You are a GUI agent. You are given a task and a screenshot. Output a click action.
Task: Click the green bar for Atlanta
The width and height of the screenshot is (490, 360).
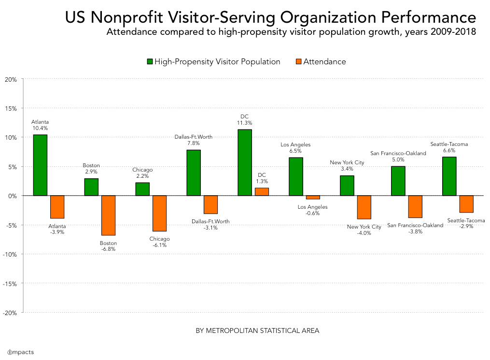click(40, 165)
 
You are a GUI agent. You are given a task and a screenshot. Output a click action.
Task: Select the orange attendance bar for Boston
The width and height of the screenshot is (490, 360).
click(108, 215)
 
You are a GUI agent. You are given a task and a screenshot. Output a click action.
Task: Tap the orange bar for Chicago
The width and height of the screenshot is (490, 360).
click(159, 213)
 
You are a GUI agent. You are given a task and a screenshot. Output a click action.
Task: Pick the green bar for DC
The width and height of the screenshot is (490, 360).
click(245, 162)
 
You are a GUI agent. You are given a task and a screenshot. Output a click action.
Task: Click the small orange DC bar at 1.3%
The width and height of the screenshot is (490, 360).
click(262, 192)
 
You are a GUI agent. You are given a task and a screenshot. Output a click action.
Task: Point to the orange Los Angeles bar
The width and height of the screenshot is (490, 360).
click(313, 197)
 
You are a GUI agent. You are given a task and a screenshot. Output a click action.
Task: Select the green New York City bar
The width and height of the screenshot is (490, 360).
click(347, 186)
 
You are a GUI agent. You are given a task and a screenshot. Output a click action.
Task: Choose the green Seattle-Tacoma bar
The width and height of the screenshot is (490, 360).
click(449, 176)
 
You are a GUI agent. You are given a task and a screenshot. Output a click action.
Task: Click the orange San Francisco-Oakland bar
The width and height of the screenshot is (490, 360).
click(415, 206)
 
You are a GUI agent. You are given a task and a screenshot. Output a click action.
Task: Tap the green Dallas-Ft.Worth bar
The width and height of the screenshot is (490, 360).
click(194, 173)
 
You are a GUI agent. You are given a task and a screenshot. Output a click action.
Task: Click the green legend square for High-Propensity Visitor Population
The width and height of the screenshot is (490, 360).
click(150, 62)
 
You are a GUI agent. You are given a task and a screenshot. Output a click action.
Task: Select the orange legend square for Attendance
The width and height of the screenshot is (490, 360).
click(298, 62)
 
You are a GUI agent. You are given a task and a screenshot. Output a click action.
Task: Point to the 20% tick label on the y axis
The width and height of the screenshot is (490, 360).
click(11, 79)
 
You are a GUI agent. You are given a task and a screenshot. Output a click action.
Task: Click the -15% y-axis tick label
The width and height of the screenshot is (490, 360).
click(10, 283)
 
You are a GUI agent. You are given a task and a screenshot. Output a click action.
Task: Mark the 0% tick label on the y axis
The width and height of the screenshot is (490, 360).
click(13, 196)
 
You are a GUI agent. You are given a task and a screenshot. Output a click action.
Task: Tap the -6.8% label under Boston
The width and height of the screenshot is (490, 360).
click(108, 249)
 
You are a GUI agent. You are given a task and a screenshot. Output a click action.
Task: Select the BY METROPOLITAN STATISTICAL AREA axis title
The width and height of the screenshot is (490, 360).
click(257, 331)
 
